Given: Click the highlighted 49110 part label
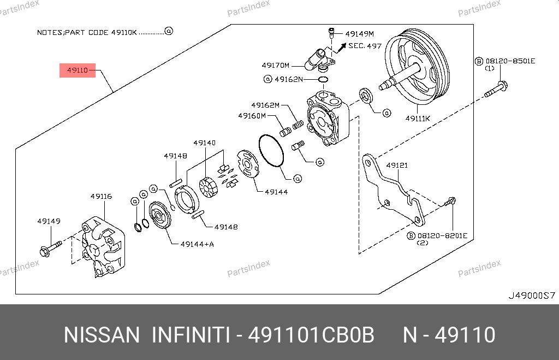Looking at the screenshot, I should [78, 70].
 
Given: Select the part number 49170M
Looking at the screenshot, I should [276, 64].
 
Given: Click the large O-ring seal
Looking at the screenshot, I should [271, 150].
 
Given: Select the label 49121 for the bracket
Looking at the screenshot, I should [397, 165].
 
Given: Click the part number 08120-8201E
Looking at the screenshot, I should [442, 235].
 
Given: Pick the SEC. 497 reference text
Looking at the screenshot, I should [365, 46].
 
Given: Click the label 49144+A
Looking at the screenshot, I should [197, 244].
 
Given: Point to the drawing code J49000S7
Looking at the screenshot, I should [531, 296].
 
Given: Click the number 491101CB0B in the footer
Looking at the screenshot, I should [311, 335].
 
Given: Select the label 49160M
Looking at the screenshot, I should [252, 115].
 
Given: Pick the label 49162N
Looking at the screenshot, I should [288, 79].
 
